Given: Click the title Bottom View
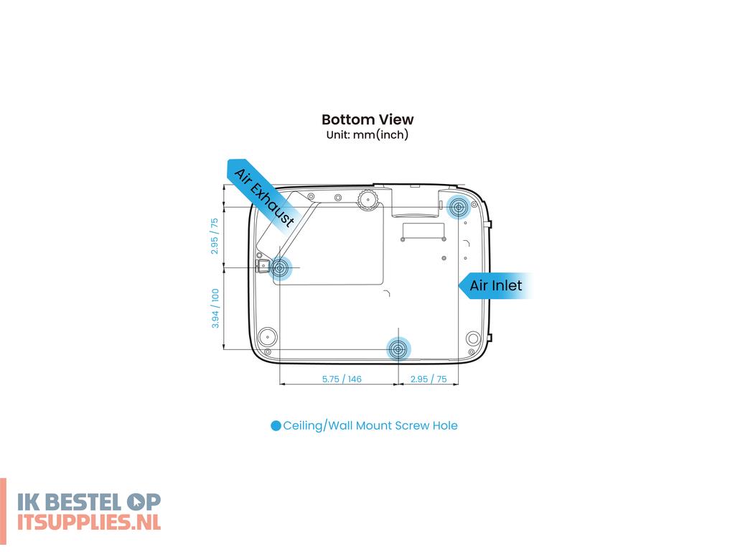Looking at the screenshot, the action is pos(367,120).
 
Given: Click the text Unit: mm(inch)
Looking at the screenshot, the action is pos(367,134).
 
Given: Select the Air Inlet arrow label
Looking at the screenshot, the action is pos(495,285).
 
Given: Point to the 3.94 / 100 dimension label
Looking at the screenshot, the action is pos(215,308).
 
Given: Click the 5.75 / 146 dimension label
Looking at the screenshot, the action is pos(342,379).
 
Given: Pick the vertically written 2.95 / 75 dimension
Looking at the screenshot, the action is pos(214,236).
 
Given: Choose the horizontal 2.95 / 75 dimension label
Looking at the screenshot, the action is pos(429,379).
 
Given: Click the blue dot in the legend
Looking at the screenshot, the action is pos(276,425).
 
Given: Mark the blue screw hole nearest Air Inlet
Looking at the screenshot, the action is pos(458,206).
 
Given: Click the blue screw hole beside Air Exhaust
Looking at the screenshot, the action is pos(280,268).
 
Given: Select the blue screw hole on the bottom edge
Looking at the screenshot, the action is pos(398,349).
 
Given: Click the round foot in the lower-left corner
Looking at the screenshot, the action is pos(268,336).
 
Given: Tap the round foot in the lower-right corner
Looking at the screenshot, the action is pos(473,338).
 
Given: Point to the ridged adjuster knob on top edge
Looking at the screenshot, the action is pos(368,200).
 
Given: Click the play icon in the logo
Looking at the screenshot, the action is pos(136,502).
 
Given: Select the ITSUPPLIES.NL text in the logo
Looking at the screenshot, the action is pos(89,522).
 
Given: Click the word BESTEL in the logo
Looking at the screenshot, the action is pos(85,502).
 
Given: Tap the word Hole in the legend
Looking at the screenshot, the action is pos(445,425).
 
